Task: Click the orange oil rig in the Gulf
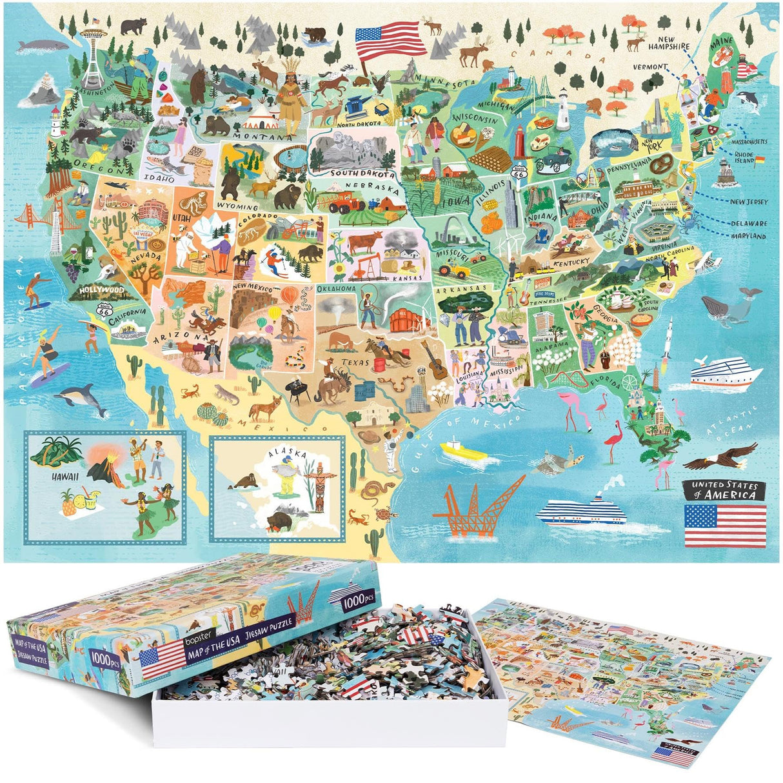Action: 476,506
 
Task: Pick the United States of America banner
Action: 724,490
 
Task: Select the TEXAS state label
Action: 355,362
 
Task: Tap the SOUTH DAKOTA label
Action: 362,173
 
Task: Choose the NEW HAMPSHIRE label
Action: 669,43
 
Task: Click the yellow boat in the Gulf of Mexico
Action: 462,450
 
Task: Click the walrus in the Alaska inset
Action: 245,481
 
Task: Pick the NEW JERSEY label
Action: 748,202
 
